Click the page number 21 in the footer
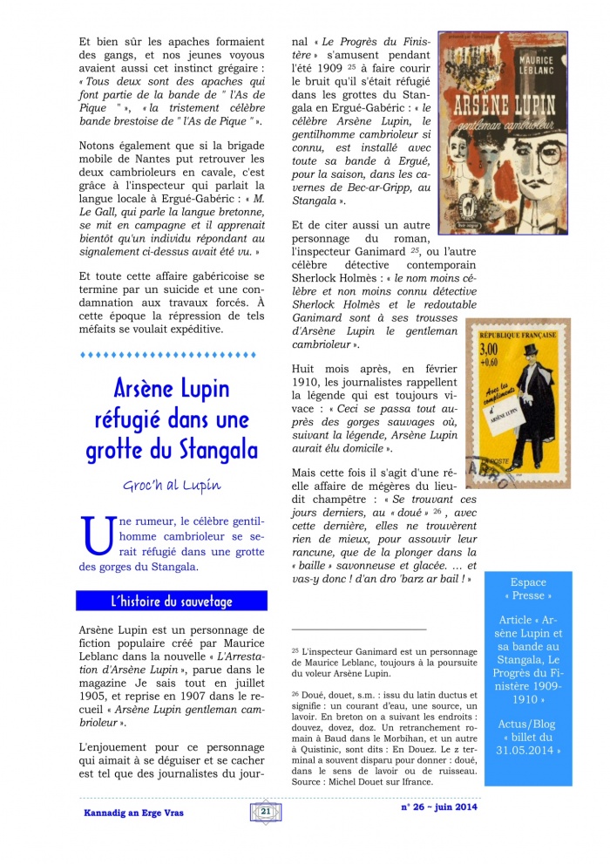[x=265, y=812]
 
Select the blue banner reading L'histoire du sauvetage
[x=171, y=602]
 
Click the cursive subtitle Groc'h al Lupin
[x=171, y=485]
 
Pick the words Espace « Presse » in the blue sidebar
[x=529, y=589]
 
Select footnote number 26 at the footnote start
[x=295, y=694]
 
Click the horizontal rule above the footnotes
[x=358, y=629]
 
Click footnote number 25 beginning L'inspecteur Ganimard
[x=295, y=650]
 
